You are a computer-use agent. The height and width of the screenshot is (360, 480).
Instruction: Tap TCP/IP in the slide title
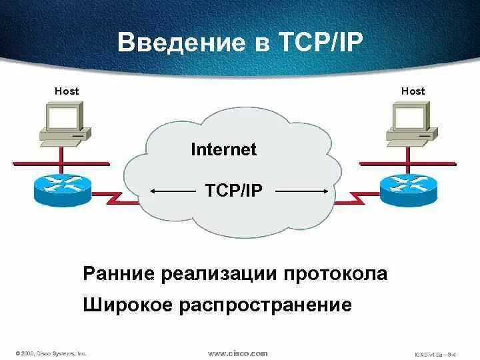pyautogui.click(x=315, y=44)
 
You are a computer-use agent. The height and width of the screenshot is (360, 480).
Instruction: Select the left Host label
pyautogui.click(x=66, y=91)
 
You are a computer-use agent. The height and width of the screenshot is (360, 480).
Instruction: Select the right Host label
pyautogui.click(x=413, y=91)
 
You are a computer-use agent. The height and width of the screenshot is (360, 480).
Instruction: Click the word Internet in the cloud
pyautogui.click(x=223, y=149)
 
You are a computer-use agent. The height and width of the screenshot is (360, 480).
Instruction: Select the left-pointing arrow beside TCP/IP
pyautogui.click(x=172, y=191)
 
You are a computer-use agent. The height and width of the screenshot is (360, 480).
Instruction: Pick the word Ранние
pyautogui.click(x=119, y=274)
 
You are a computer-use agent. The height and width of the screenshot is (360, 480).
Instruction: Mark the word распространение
pyautogui.click(x=265, y=306)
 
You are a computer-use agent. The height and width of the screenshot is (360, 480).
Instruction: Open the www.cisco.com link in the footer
pyautogui.click(x=238, y=353)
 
